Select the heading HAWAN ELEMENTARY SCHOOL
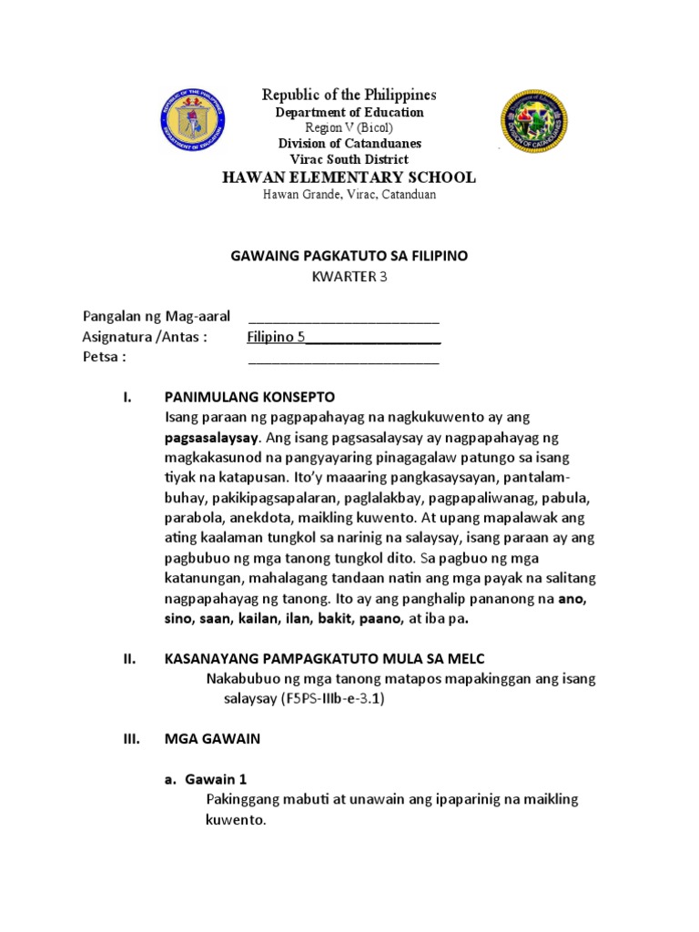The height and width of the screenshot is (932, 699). click(349, 177)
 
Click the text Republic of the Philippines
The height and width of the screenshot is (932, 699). click(349, 95)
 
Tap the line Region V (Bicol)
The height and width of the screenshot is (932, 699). click(349, 127)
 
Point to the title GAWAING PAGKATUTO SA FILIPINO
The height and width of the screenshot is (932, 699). click(349, 257)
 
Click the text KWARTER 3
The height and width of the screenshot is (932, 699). click(349, 278)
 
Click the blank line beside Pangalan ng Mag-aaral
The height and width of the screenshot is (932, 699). click(344, 319)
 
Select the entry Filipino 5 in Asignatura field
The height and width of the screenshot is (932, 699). click(276, 337)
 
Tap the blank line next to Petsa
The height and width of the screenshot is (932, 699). click(344, 359)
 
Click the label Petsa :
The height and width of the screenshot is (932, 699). click(104, 357)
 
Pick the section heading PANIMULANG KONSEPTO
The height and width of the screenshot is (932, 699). click(249, 397)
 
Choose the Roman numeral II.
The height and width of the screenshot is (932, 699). click(128, 659)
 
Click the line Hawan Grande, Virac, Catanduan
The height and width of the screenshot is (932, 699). click(349, 196)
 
